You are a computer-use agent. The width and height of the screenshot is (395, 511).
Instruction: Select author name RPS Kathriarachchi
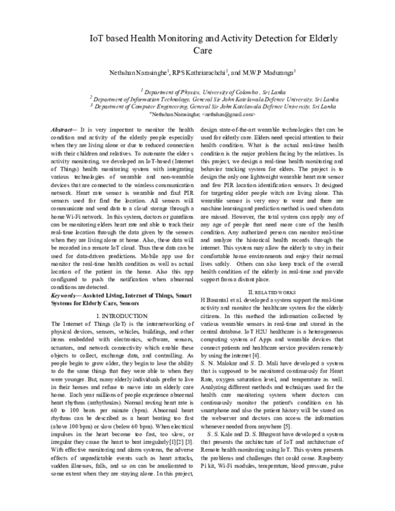point(199,72)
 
